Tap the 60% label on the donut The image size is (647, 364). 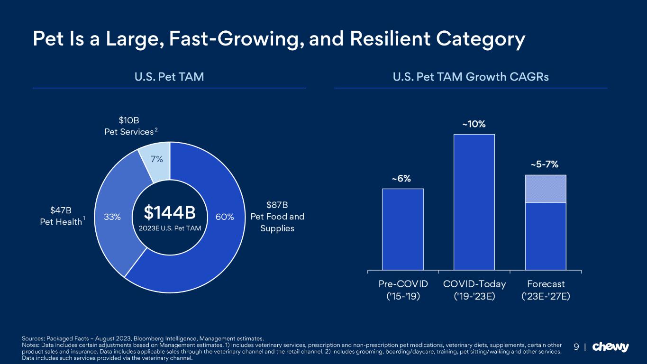point(225,217)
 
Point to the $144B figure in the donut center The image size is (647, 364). point(170,213)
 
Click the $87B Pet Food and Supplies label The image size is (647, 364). point(277,217)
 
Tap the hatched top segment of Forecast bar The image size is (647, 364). point(546,189)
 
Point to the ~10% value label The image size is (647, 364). point(474,124)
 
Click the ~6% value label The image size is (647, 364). point(401,179)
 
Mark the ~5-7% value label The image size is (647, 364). point(544,164)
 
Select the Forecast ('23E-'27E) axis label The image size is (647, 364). point(546,290)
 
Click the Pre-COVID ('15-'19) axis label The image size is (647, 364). point(403,290)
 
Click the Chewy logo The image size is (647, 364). point(611,347)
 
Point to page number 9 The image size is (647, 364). point(576,347)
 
